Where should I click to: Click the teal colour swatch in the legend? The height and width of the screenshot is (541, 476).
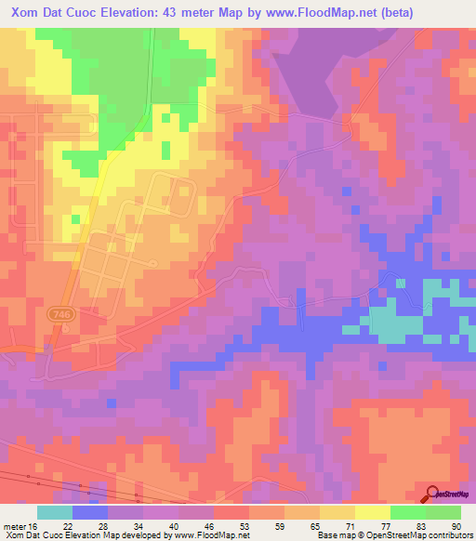(x=55, y=512)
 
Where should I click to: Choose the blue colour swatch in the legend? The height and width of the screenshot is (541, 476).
(x=90, y=512)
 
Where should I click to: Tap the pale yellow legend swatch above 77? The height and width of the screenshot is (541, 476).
(x=373, y=512)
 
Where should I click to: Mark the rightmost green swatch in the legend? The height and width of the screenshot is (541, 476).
(x=443, y=512)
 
